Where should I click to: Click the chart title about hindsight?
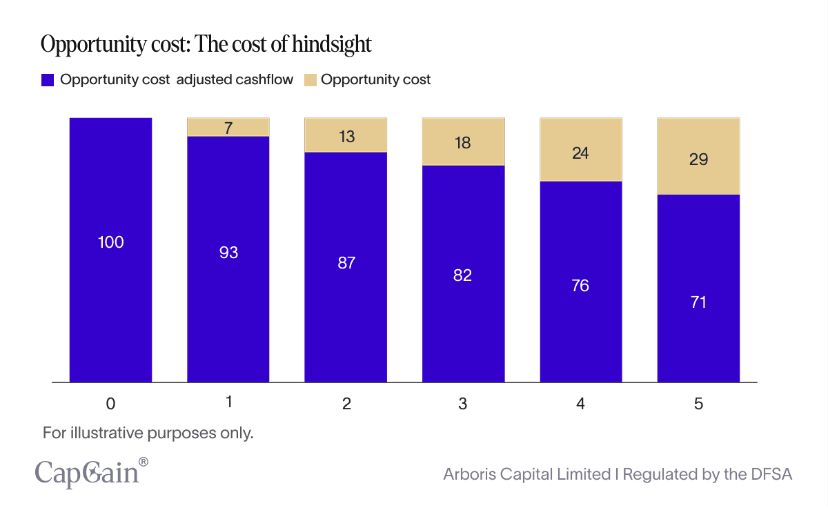click(206, 45)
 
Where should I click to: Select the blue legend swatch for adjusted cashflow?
click(48, 80)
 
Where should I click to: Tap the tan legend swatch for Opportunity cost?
click(310, 80)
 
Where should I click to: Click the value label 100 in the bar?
click(111, 242)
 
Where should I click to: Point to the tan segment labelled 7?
click(228, 127)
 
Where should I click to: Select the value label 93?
click(228, 253)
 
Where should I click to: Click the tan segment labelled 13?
click(346, 135)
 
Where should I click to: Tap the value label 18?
click(463, 143)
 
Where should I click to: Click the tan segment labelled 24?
click(580, 150)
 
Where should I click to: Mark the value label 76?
click(580, 285)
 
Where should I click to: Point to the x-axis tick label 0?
click(111, 404)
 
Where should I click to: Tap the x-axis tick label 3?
click(463, 404)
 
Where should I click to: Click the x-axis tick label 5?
click(698, 404)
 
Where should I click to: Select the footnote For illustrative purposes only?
click(148, 433)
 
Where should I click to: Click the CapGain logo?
click(90, 473)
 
